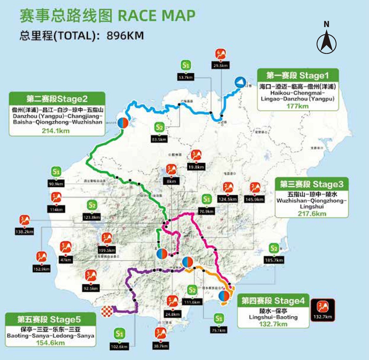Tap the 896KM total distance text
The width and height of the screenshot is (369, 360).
125,36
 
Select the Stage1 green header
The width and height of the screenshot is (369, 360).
298,75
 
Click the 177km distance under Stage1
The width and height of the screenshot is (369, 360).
297,106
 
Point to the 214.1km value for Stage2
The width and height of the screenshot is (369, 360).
56,131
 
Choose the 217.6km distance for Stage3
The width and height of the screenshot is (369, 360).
312,214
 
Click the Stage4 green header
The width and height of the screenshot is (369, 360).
273,301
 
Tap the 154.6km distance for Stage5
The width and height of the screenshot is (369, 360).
50,343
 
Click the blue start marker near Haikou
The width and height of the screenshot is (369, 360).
240,82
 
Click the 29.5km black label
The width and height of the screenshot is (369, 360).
220,66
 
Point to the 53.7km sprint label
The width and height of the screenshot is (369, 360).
185,78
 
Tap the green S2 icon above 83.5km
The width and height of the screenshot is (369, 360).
159,127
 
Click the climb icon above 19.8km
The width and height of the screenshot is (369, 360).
196,155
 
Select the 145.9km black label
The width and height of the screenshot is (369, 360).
254,199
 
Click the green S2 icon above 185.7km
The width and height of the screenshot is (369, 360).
274,248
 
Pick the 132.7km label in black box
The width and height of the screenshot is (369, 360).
323,317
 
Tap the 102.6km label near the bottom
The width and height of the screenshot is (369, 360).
119,346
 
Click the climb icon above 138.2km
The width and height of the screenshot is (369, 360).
24,220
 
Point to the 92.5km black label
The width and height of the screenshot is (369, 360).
91,289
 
